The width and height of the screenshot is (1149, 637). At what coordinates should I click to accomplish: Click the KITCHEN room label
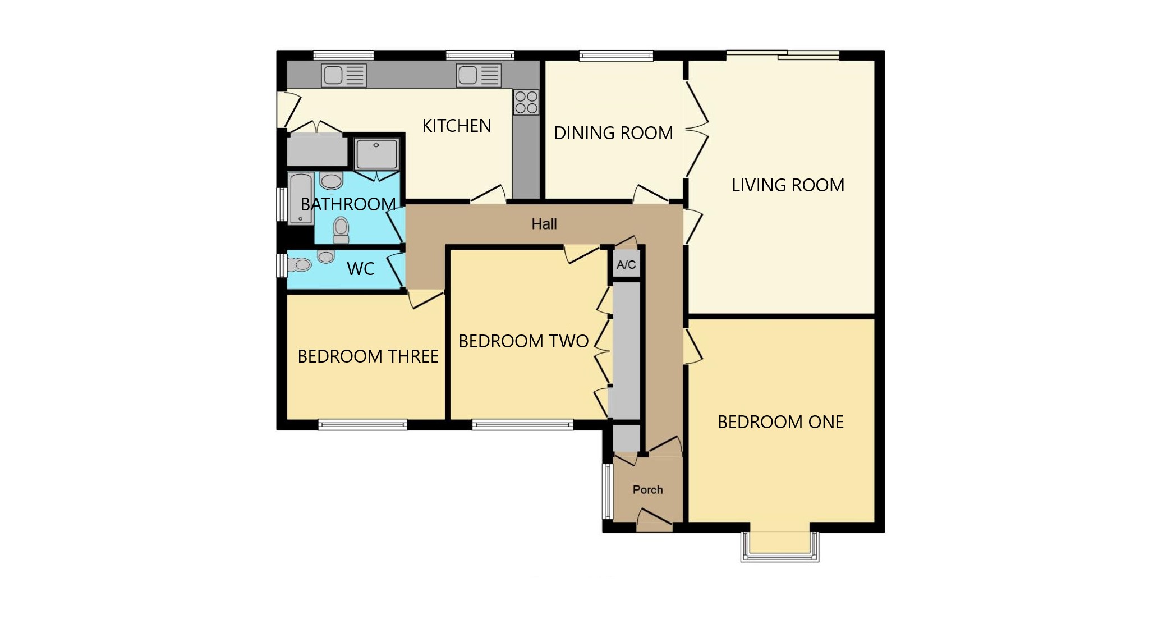pyautogui.click(x=457, y=126)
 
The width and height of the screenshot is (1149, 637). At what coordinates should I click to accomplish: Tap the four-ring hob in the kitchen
pyautogui.click(x=526, y=102)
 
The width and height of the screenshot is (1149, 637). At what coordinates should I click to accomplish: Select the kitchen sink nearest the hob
pyautogui.click(x=479, y=75)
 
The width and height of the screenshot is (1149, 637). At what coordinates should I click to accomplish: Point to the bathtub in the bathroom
pyautogui.click(x=301, y=198)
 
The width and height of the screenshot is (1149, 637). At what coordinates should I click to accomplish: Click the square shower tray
pyautogui.click(x=376, y=154)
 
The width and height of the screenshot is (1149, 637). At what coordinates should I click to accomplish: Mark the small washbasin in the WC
pyautogui.click(x=326, y=256)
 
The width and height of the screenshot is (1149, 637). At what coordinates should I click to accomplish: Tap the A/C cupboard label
pyautogui.click(x=626, y=265)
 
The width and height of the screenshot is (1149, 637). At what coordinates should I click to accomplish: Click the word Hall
pyautogui.click(x=544, y=224)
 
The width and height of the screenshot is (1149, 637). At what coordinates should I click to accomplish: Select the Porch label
pyautogui.click(x=648, y=490)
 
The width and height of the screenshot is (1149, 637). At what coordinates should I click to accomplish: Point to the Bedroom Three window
pyautogui.click(x=362, y=425)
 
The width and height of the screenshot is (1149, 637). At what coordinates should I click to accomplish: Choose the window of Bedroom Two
pyautogui.click(x=522, y=425)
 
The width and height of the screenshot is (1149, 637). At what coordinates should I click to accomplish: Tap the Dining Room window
pyautogui.click(x=616, y=56)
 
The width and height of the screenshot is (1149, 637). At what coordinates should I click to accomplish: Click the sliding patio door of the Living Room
pyautogui.click(x=783, y=55)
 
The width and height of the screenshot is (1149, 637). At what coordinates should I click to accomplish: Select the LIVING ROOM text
pyautogui.click(x=788, y=185)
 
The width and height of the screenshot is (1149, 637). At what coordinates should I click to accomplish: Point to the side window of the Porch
pyautogui.click(x=607, y=492)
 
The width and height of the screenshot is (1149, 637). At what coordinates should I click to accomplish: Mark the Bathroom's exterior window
pyautogui.click(x=282, y=204)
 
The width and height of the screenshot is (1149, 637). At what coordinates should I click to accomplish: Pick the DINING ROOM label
pyautogui.click(x=614, y=133)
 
